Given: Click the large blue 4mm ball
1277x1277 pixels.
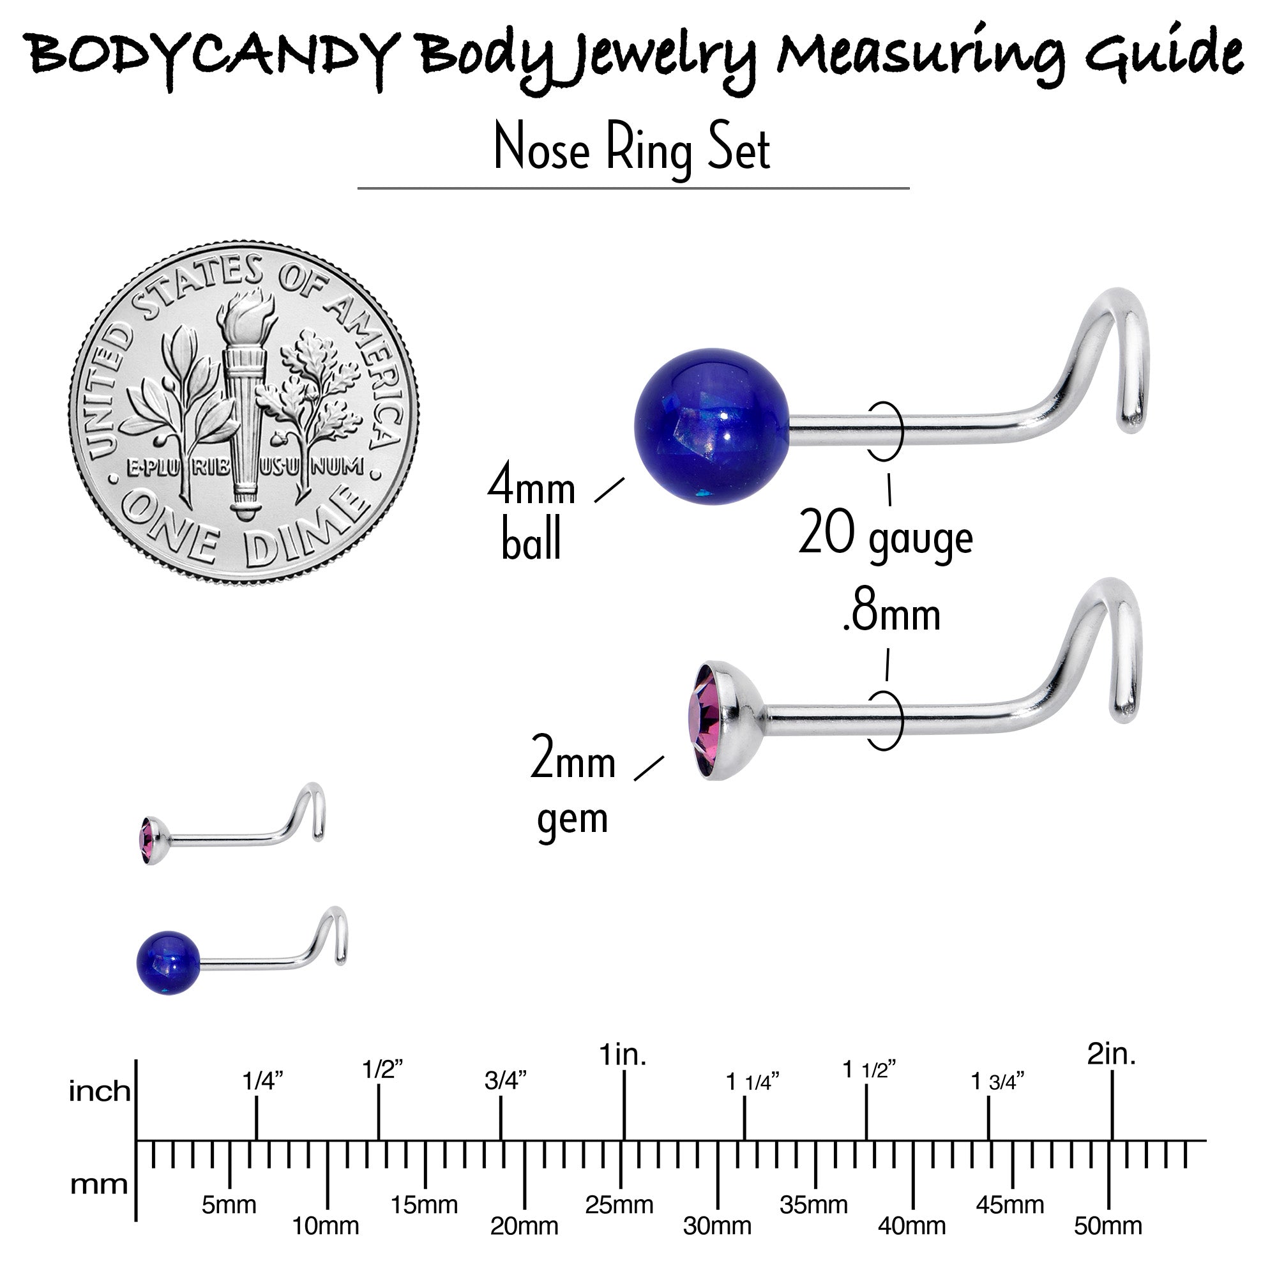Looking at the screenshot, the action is [x=712, y=427].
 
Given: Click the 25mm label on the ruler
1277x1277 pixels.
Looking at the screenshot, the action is [x=619, y=1205].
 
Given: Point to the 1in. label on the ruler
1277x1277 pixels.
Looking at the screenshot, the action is [x=623, y=1055].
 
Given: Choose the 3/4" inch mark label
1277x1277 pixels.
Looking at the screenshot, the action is [x=506, y=1081].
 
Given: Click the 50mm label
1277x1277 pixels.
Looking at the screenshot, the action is [x=1108, y=1226].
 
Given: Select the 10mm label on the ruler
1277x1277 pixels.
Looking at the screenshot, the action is [x=326, y=1226].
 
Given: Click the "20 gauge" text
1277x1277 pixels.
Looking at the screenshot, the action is [x=886, y=536].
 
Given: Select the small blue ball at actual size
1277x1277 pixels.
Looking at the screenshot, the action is [x=169, y=962].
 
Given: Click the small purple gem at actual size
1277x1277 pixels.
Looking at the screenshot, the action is [x=147, y=840].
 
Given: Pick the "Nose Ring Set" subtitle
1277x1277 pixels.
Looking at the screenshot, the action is [x=633, y=149].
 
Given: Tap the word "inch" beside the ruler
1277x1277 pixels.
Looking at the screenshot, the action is [x=100, y=1091].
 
